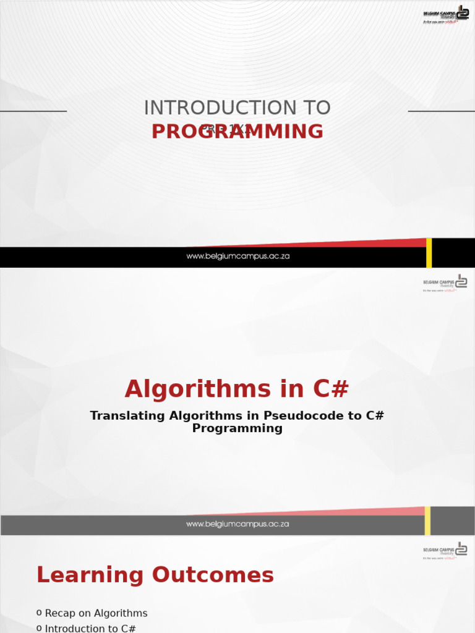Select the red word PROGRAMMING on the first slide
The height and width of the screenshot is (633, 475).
pos(237,132)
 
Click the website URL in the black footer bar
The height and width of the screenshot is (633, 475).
pos(237,257)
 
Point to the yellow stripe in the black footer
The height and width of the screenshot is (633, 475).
pos(429,253)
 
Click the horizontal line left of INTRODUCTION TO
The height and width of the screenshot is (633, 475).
pos(33,111)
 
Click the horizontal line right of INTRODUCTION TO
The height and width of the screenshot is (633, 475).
pos(442,111)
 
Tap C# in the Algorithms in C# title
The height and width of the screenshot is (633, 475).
pos(331,389)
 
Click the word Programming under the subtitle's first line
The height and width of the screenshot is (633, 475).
pos(237,428)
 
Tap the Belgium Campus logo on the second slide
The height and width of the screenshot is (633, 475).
pos(445,283)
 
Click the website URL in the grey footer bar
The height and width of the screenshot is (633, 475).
pos(237,524)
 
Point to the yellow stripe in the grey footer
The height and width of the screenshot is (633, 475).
pos(427,520)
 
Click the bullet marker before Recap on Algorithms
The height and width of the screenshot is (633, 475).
pos(39,613)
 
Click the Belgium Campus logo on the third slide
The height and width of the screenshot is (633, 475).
pos(445,550)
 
